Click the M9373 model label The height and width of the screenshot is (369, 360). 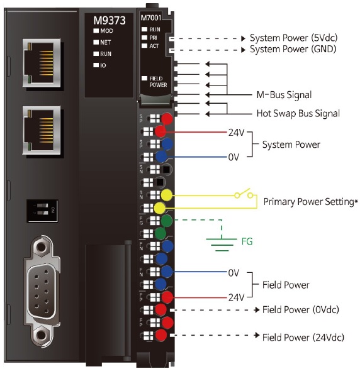(110, 20)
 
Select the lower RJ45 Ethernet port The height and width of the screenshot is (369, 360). (40, 129)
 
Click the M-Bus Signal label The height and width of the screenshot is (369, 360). (284, 95)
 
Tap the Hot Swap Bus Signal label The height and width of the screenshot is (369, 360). (298, 114)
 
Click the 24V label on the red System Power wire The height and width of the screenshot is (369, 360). (235, 133)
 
